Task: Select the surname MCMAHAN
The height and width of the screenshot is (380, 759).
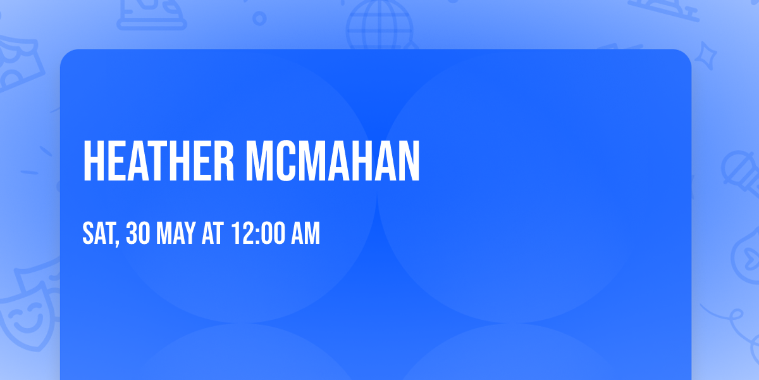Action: click(333, 161)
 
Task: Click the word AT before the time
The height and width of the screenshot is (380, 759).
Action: click(213, 234)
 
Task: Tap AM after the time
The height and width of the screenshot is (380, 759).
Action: click(305, 234)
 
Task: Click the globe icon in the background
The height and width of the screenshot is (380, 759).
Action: click(379, 25)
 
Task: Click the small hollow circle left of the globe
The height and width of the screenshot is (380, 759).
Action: click(259, 18)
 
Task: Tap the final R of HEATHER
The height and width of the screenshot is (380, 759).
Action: click(225, 161)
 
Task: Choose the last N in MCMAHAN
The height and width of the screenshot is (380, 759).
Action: click(408, 161)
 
